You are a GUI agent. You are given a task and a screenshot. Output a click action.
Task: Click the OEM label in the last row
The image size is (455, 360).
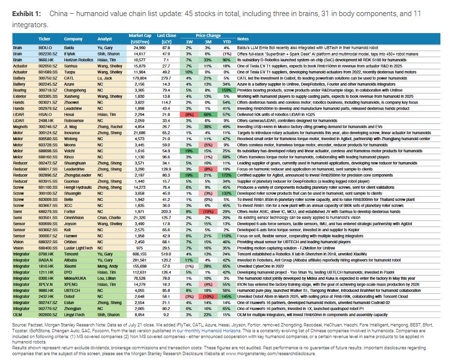pos(18,315)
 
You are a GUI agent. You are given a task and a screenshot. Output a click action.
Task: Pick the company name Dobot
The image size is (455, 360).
pos(71,295)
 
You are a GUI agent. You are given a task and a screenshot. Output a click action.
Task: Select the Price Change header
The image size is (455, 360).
pos(208,36)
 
